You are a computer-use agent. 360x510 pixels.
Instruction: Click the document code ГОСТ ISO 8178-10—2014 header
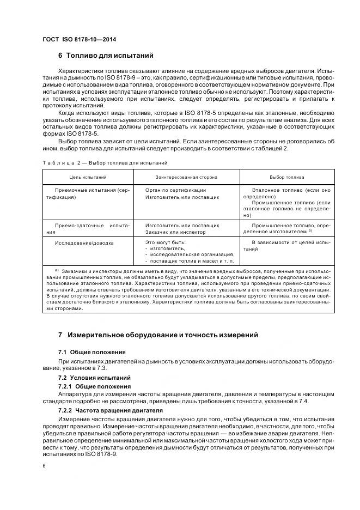(79, 40)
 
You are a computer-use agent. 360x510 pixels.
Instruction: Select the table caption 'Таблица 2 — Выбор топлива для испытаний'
(105, 163)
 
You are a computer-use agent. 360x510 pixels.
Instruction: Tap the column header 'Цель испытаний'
(88, 177)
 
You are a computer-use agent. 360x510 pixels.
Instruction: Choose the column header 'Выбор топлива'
(287, 177)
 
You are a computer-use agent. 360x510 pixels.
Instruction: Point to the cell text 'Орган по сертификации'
(173, 190)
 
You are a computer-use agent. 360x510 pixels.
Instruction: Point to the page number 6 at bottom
(44, 465)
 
